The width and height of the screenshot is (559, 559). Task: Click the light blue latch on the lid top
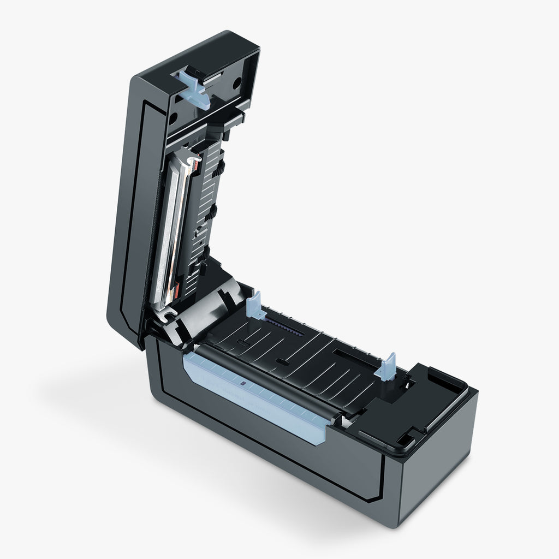pos(193,87)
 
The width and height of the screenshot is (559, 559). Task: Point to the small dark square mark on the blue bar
pos(242,385)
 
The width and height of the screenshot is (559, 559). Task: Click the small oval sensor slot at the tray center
pos(282,361)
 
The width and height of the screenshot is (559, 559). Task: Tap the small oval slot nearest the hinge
pos(241,343)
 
